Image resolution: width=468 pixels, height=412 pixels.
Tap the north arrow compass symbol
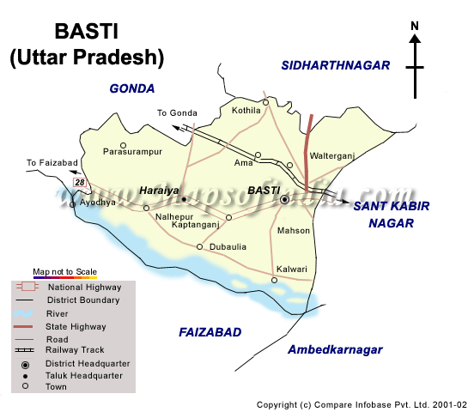click(x=415, y=60)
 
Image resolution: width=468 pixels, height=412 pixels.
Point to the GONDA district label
click(x=131, y=88)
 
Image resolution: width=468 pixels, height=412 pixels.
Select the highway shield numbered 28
click(x=80, y=183)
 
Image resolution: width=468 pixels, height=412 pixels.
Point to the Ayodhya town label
click(x=97, y=203)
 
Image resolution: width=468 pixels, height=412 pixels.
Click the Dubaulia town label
click(x=228, y=247)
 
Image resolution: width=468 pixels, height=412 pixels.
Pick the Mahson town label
click(x=293, y=231)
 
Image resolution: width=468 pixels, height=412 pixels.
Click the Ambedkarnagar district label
click(x=335, y=349)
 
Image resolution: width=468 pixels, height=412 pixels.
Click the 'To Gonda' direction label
click(x=177, y=113)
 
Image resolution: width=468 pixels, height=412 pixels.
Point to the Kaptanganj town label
click(x=194, y=224)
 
